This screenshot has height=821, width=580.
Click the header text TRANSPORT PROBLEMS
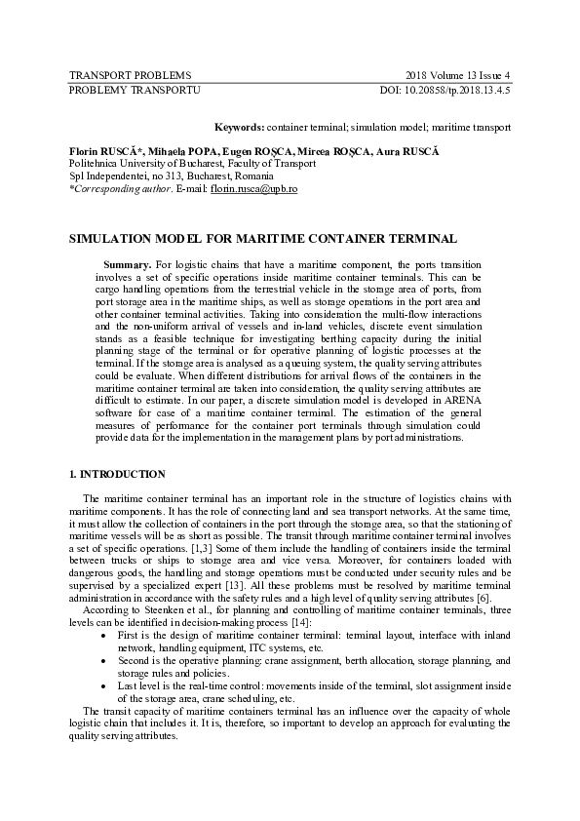click(x=115, y=75)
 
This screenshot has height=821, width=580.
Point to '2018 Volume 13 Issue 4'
click(x=457, y=75)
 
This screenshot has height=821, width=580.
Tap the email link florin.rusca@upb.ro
click(x=254, y=188)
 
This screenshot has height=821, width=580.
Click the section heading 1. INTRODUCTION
click(x=116, y=475)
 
